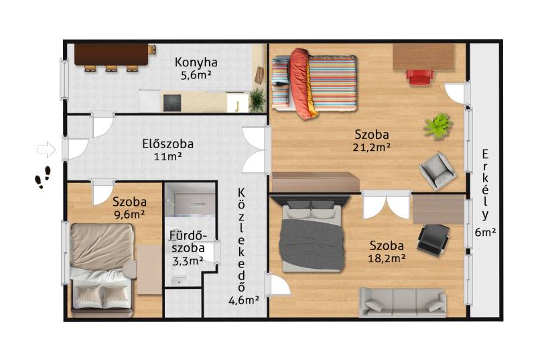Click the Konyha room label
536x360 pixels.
click(196, 62)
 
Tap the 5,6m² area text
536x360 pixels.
click(196, 75)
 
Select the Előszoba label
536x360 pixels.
click(168, 144)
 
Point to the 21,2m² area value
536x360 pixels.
click(372, 147)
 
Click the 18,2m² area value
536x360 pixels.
click(387, 258)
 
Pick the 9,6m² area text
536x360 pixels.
click(129, 215)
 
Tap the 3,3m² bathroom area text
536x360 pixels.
click(188, 261)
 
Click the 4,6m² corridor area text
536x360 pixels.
click(244, 300)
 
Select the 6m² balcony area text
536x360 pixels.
click(485, 232)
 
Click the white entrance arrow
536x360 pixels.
click(46, 149)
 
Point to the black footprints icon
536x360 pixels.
click(43, 178)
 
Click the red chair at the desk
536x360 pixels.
click(420, 76)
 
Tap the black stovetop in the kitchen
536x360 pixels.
click(172, 103)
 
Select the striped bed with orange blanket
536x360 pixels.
click(314, 83)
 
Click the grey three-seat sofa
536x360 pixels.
click(403, 302)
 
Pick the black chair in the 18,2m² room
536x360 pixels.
click(433, 239)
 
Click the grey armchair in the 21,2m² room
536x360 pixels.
click(438, 170)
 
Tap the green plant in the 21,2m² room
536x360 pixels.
click(438, 126)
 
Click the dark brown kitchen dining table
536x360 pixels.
click(111, 54)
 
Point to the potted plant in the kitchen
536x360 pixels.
click(257, 100)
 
